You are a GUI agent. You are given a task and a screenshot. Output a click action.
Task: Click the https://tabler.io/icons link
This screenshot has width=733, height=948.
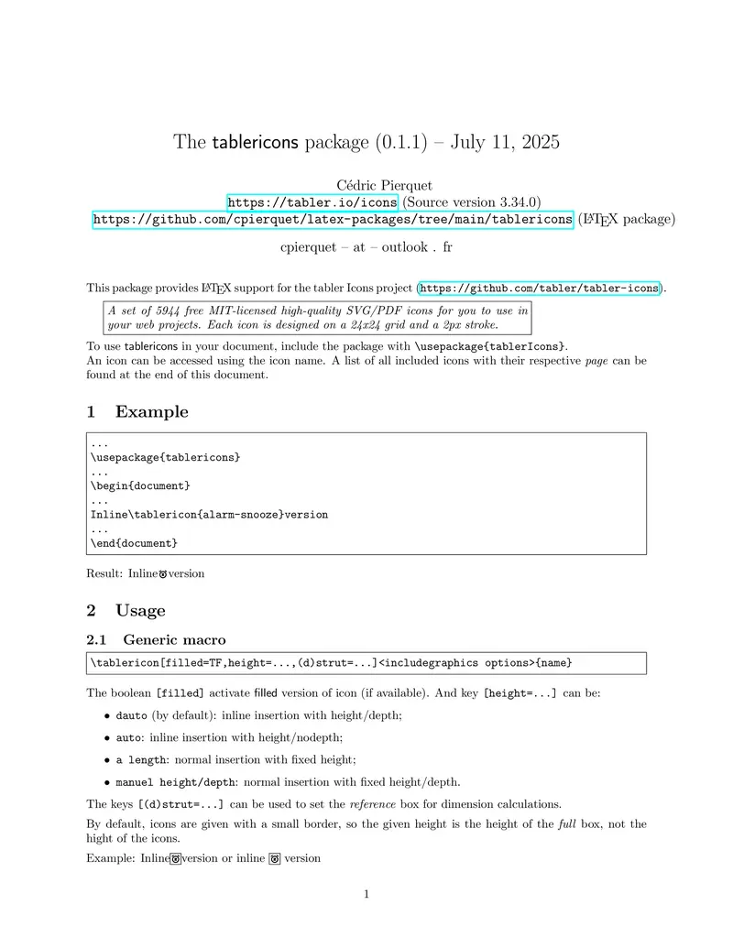point(312,202)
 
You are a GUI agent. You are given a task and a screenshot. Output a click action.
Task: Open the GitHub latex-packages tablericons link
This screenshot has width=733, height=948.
point(334,220)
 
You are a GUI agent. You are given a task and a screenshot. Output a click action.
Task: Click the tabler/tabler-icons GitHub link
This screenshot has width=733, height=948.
point(539,289)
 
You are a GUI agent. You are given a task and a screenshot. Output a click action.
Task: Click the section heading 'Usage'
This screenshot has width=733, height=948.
point(140,611)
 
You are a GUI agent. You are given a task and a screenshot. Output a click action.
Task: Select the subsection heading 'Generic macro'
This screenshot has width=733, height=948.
point(174,639)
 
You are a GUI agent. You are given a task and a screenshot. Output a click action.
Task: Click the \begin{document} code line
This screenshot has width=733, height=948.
point(140,485)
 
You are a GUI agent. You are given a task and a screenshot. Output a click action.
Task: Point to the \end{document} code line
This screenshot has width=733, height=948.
point(134,543)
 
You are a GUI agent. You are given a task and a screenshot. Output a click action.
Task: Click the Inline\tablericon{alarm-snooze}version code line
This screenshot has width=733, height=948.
point(209,515)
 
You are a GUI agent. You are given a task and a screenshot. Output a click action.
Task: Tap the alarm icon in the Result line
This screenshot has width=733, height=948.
point(163,574)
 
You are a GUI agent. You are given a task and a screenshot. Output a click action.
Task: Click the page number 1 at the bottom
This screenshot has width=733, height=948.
point(366,895)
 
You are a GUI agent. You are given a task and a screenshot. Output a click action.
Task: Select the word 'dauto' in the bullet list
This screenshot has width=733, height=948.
point(131,715)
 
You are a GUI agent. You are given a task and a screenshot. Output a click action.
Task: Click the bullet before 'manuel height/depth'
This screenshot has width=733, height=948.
point(107,782)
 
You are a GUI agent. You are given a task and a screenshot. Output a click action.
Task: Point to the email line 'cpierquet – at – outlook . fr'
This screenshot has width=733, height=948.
point(366,247)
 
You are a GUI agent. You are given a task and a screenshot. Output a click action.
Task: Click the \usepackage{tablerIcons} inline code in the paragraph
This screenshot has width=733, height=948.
point(490,346)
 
